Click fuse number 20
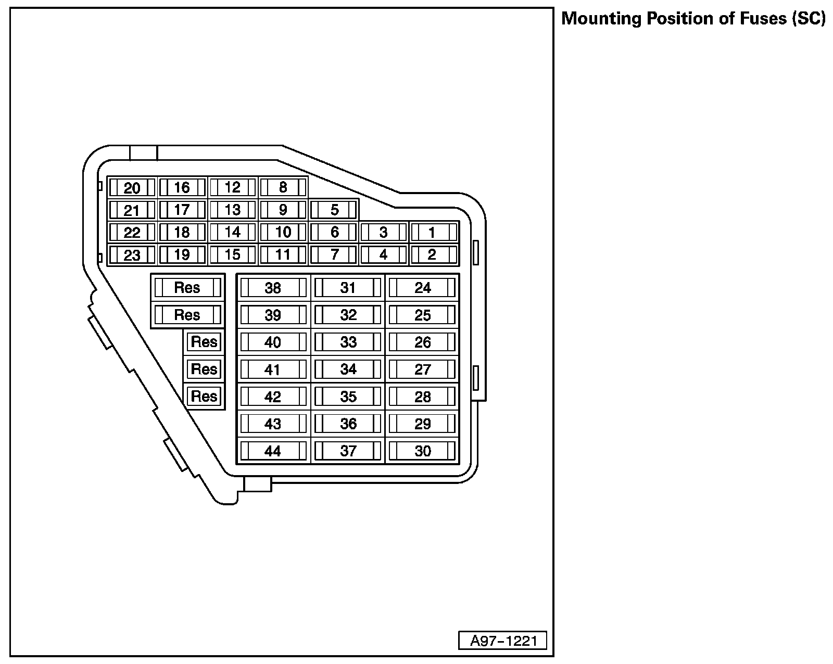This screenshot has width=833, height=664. click(x=132, y=188)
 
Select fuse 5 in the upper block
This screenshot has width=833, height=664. click(x=334, y=210)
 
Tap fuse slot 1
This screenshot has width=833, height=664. click(x=432, y=233)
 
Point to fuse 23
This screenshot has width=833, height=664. click(x=132, y=255)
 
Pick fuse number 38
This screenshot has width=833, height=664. click(x=273, y=288)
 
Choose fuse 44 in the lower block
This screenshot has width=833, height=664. click(x=273, y=451)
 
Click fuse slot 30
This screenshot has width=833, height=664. click(x=423, y=451)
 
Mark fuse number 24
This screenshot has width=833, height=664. click(x=423, y=288)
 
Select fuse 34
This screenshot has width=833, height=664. click(x=348, y=369)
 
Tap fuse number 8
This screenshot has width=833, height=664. click(x=283, y=188)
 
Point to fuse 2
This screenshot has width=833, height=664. click(x=432, y=255)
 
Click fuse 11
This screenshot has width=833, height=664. click(x=283, y=255)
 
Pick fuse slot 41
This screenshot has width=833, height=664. click(x=273, y=369)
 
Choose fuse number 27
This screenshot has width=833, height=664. click(x=423, y=369)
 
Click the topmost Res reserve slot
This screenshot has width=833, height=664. click(x=187, y=288)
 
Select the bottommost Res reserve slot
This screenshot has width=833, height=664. click(x=204, y=396)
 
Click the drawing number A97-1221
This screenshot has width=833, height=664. click(x=503, y=641)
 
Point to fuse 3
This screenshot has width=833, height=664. click(x=384, y=233)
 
